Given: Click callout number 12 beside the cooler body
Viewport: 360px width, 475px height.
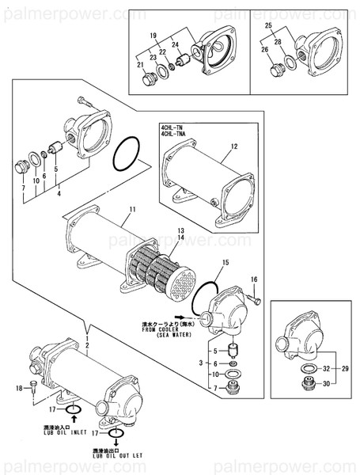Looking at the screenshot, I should point(234,146).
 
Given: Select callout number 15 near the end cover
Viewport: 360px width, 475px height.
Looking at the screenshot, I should point(225,261).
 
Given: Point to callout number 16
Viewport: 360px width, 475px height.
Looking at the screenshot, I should point(254,279).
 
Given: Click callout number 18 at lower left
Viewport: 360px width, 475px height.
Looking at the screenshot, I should point(19,388).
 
